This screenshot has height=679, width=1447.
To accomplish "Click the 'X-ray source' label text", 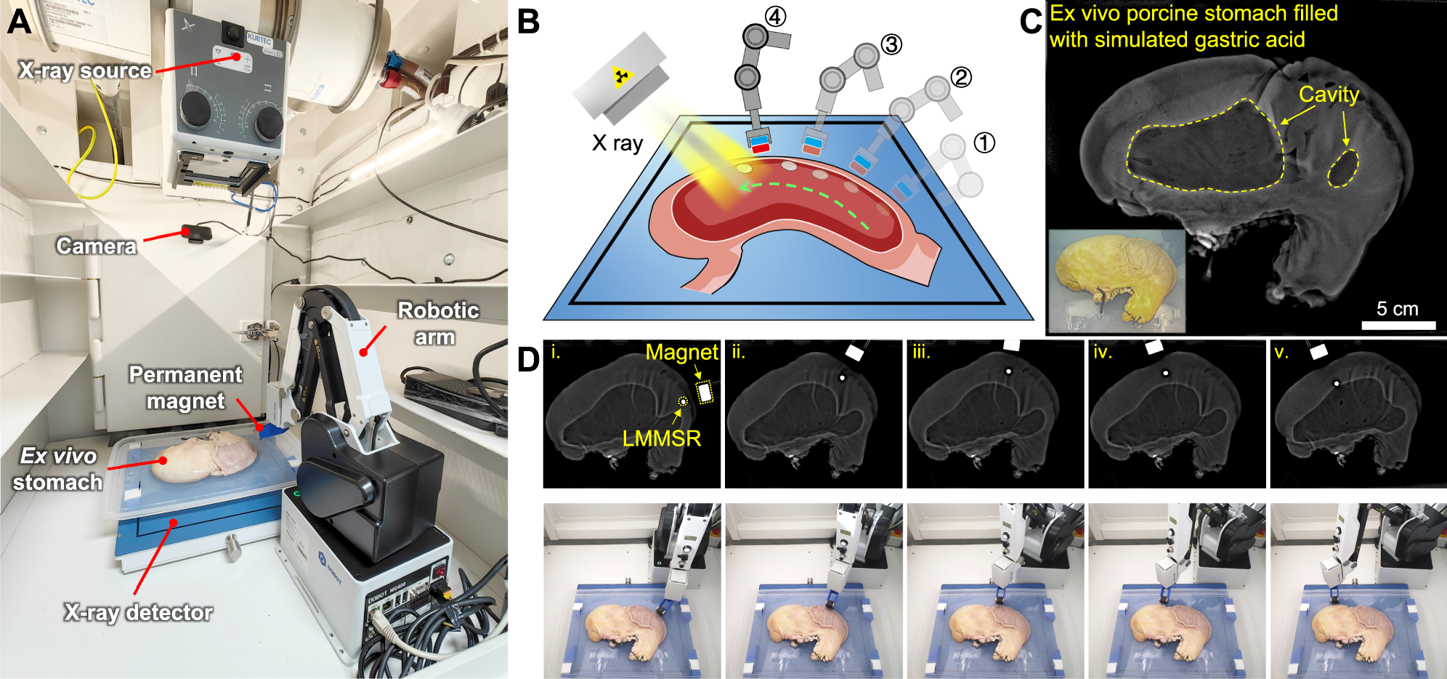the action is tap(85, 71).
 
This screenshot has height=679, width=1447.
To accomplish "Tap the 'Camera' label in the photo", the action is tap(97, 246).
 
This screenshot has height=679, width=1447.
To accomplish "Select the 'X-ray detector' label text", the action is tap(138, 613).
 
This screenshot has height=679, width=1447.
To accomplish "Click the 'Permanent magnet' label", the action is tap(185, 387).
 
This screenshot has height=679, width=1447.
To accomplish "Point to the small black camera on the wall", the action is tap(197, 234).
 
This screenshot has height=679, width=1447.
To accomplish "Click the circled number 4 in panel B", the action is tap(776, 16).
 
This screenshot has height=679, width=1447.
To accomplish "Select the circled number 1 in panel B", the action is tap(984, 142).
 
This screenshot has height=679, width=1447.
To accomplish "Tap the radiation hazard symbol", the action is tap(620, 75).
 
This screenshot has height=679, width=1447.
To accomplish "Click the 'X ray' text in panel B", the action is tap(617, 142).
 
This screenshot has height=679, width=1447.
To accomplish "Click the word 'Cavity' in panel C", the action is tap(1329, 95).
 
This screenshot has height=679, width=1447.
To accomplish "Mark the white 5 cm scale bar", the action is tap(1398, 325).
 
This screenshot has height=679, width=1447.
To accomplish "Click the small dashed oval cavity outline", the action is tap(1343, 169).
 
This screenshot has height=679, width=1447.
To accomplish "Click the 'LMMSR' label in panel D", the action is tap(662, 438).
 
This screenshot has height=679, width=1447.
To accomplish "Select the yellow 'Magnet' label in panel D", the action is tap(681, 353).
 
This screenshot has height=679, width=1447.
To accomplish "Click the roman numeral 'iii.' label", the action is tap(922, 353).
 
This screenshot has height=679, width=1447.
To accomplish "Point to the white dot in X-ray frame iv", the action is tap(1165, 373).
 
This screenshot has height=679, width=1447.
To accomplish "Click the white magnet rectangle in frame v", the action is tap(1318, 352).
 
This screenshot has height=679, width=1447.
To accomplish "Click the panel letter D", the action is tap(529, 359).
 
